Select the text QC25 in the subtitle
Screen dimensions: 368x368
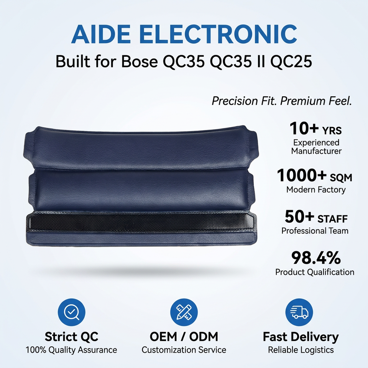(x=291, y=62)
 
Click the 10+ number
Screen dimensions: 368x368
(x=304, y=129)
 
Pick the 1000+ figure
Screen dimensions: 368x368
(x=301, y=176)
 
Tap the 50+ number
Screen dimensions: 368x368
(x=299, y=217)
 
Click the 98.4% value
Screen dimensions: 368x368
(x=316, y=258)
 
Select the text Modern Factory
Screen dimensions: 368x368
(x=316, y=190)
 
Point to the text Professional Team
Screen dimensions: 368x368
(x=315, y=231)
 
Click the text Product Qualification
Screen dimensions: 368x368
(x=315, y=272)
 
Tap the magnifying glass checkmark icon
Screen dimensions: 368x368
(x=72, y=312)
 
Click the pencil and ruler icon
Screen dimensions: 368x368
(x=184, y=312)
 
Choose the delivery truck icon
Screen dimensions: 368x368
(x=299, y=312)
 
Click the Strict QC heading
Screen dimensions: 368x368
(x=71, y=337)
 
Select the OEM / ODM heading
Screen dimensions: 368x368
(x=184, y=337)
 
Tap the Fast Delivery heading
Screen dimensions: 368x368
(x=301, y=337)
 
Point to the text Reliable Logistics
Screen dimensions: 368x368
(x=301, y=350)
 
